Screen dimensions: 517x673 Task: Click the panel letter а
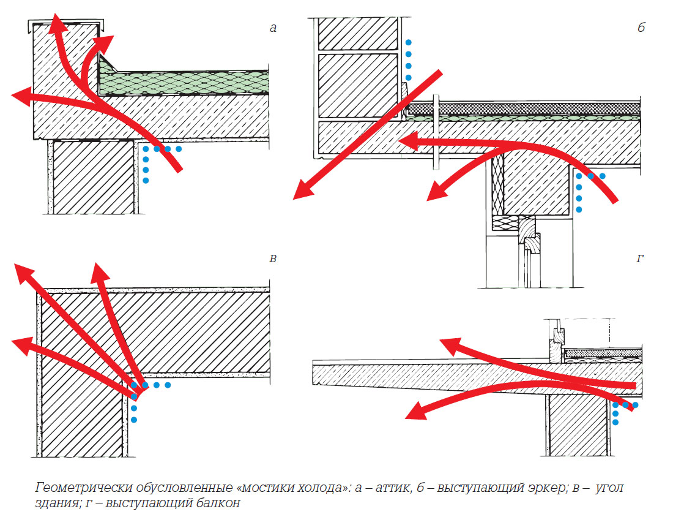click(273, 28)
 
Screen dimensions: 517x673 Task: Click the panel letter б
click(641, 28)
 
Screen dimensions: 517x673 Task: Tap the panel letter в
click(273, 258)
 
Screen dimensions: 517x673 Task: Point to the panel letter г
click(640, 259)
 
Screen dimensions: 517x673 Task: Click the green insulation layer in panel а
click(184, 81)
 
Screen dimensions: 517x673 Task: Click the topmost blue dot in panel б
click(409, 43)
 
